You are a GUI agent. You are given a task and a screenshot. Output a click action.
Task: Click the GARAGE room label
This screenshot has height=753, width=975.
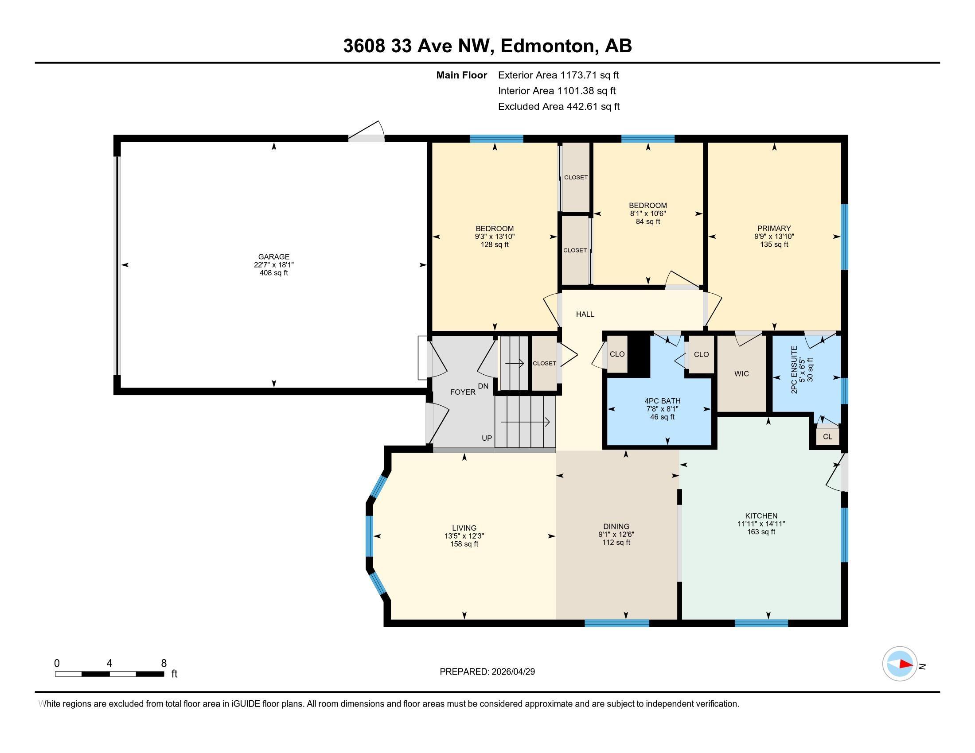[x=273, y=256]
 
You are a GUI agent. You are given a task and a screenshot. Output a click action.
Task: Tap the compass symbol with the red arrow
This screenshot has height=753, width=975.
[x=900, y=664]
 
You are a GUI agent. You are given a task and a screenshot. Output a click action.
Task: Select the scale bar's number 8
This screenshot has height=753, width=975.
[x=164, y=664]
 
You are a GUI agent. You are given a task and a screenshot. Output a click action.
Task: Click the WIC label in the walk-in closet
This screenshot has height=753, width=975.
[x=741, y=373]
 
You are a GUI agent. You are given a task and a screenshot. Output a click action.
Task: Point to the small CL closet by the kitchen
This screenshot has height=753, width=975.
[x=828, y=437]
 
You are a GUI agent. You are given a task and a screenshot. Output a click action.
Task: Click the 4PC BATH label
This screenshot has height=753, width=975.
[x=662, y=401]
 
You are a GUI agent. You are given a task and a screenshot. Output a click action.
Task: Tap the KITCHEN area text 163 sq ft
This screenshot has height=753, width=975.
[x=761, y=532]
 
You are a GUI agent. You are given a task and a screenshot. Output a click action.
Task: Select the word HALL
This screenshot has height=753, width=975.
[x=585, y=314]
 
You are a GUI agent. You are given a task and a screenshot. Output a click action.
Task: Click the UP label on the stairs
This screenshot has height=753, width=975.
[x=487, y=438]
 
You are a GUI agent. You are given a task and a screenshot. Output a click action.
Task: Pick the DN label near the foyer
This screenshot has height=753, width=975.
[x=483, y=386]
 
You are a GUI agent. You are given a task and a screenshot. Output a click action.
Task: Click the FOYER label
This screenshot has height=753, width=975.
[x=463, y=392]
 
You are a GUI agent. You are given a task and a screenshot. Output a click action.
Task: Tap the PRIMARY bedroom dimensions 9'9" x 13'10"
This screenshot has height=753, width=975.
[x=774, y=237]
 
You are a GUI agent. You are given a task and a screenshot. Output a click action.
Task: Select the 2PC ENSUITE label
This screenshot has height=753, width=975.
[x=794, y=370]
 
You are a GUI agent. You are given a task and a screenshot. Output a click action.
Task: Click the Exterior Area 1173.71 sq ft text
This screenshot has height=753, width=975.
[x=558, y=75]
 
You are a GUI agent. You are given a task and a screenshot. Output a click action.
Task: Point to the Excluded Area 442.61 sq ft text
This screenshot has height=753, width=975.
[x=559, y=106]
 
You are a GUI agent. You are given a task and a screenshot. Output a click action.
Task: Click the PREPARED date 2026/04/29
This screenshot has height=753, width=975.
[x=512, y=672]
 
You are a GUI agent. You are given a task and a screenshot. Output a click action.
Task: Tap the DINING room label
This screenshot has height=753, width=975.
[x=616, y=526]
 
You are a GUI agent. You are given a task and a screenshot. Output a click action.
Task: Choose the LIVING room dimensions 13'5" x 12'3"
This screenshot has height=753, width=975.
[x=464, y=536]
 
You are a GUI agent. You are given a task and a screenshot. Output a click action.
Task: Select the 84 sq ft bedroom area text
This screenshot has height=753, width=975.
[x=648, y=221]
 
